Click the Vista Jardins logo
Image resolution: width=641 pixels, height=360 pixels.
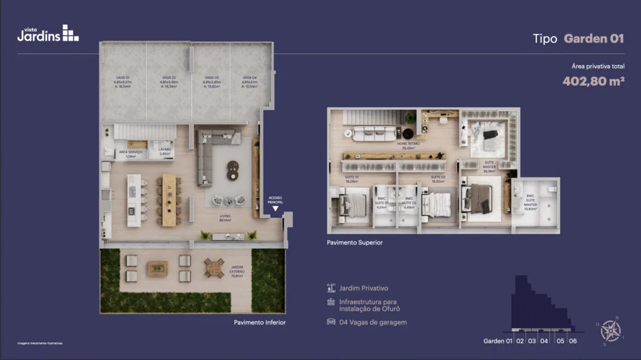(48, 33)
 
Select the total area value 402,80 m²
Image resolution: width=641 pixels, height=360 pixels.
(593, 81)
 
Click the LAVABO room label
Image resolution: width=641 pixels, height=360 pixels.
(165, 151)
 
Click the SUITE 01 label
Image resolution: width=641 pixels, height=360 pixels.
(352, 178)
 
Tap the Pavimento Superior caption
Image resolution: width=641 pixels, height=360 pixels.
(354, 242)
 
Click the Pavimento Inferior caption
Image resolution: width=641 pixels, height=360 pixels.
(260, 322)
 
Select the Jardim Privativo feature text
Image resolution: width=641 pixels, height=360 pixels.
(364, 289)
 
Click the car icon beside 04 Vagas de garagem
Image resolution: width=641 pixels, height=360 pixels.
(331, 322)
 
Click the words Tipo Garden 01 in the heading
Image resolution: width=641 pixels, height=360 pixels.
(578, 39)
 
